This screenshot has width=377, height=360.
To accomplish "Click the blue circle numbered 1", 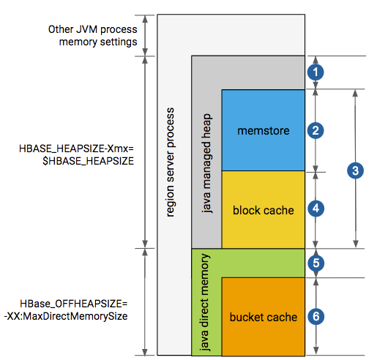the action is pos(316,72).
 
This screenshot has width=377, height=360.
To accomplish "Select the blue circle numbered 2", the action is pos(316,130).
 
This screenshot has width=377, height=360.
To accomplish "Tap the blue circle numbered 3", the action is pos(355,170).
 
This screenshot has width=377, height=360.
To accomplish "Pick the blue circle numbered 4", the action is pos(316,209).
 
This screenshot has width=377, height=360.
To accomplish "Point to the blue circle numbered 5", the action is pos(316,263).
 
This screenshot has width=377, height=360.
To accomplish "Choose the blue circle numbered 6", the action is pos(316,317).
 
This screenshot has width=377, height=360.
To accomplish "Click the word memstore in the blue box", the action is pos(264,131).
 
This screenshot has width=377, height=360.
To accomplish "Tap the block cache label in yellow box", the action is pos(264,210).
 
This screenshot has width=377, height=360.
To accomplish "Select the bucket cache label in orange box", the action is pos(264,317).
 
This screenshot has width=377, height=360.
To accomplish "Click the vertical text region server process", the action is pos(171,162).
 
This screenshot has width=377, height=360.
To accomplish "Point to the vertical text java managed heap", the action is pos(206,163).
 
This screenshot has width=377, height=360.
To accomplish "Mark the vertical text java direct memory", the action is pos(204,302).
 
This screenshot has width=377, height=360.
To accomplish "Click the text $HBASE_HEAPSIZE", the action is pos(88,161).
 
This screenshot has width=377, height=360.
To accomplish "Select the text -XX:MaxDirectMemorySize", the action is pos(66,316).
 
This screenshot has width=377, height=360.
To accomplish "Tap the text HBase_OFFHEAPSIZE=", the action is pos(74,304).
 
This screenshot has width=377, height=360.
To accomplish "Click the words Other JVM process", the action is pos(93,29).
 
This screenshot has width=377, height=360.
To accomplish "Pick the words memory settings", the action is pos(98,42).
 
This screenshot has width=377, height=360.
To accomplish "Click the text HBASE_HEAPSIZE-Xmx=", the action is pos(76,149).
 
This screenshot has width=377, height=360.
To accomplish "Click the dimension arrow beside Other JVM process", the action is pos(145,35).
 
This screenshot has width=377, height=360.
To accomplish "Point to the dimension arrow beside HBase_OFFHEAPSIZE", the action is pos(145,302).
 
